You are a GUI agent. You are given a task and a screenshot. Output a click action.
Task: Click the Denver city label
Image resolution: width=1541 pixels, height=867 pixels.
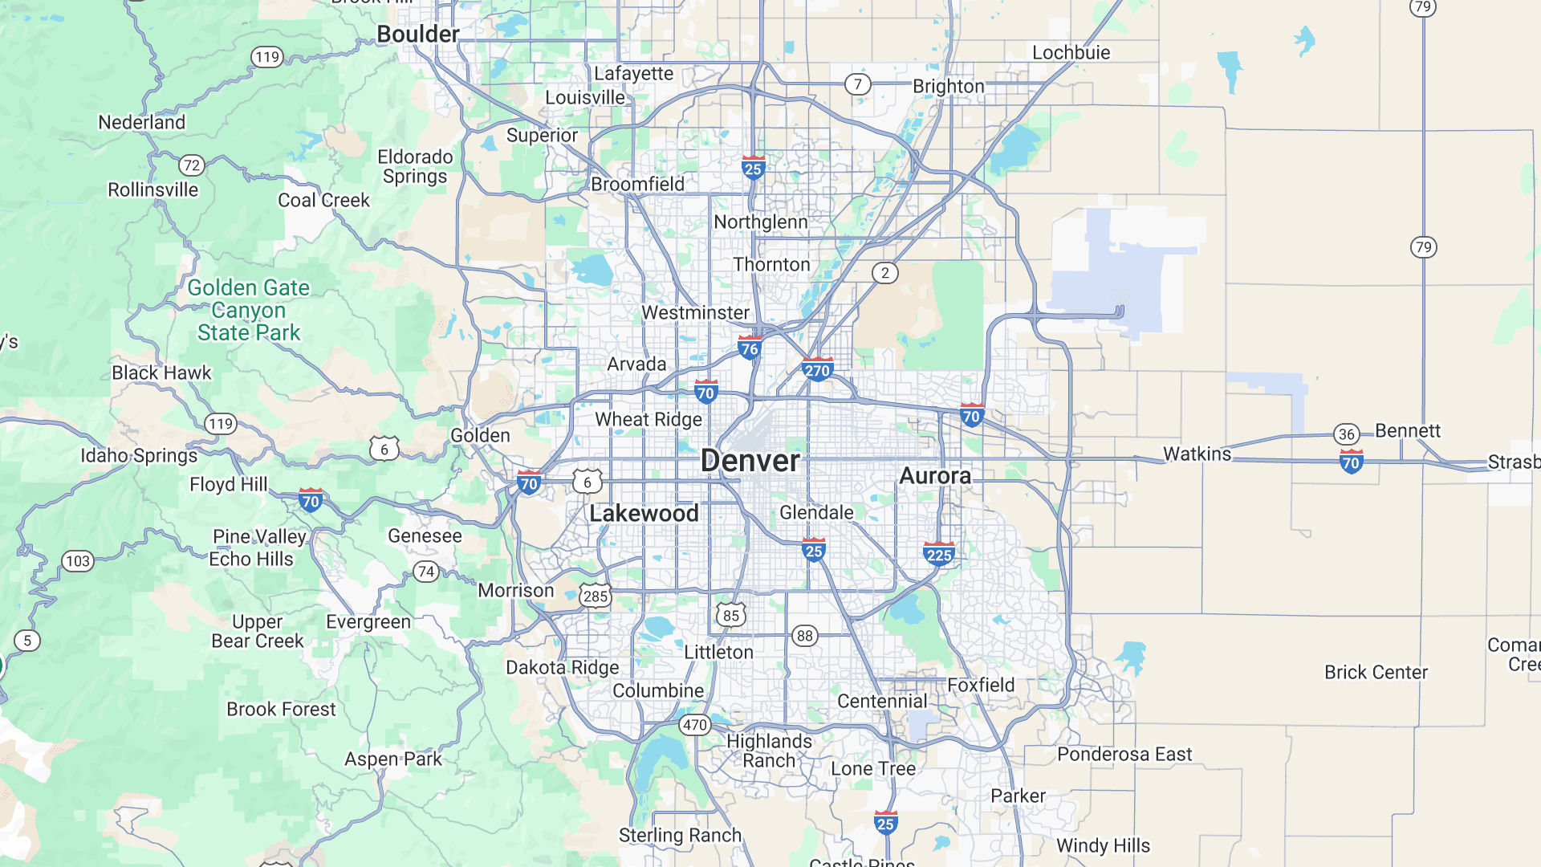click(750, 461)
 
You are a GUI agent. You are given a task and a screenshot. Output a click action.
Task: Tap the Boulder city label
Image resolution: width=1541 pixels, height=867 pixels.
click(417, 35)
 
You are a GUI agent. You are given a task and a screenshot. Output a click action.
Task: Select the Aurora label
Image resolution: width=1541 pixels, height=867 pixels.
click(935, 476)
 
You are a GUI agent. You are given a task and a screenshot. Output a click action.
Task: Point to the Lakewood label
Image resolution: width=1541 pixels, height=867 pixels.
click(644, 514)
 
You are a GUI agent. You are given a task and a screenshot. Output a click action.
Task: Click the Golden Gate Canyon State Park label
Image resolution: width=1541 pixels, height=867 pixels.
click(249, 310)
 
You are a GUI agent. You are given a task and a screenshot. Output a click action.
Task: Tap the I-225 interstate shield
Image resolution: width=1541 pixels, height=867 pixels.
click(938, 555)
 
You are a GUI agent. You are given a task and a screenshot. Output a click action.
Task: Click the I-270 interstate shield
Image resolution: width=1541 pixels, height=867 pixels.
click(817, 370)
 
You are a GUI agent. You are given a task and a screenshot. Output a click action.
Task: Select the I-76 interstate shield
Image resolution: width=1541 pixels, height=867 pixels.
click(749, 348)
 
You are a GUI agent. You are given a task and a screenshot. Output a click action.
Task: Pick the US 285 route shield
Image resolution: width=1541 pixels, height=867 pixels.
click(596, 596)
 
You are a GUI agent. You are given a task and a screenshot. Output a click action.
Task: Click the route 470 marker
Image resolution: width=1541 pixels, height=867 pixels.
click(694, 725)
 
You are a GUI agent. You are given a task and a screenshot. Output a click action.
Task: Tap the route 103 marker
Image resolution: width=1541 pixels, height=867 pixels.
click(78, 560)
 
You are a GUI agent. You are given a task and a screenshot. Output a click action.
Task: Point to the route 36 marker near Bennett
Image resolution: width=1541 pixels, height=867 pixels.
click(1347, 434)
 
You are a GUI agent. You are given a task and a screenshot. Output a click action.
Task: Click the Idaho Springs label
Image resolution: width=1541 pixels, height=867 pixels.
click(139, 456)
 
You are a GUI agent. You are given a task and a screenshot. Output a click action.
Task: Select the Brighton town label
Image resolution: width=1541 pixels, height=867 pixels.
click(948, 87)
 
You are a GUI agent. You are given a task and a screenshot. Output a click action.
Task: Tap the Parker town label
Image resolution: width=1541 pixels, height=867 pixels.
click(1018, 796)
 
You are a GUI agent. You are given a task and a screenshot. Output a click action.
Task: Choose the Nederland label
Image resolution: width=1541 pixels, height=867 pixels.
click(141, 122)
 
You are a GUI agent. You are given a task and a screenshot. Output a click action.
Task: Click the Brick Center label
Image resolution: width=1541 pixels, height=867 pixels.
click(1376, 673)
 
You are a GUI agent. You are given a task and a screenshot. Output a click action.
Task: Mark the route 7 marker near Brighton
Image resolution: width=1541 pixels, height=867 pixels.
click(858, 84)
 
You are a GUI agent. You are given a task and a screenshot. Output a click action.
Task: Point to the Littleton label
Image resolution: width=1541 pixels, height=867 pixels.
click(718, 653)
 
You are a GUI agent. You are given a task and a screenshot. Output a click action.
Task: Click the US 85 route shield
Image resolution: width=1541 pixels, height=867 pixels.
click(730, 616)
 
